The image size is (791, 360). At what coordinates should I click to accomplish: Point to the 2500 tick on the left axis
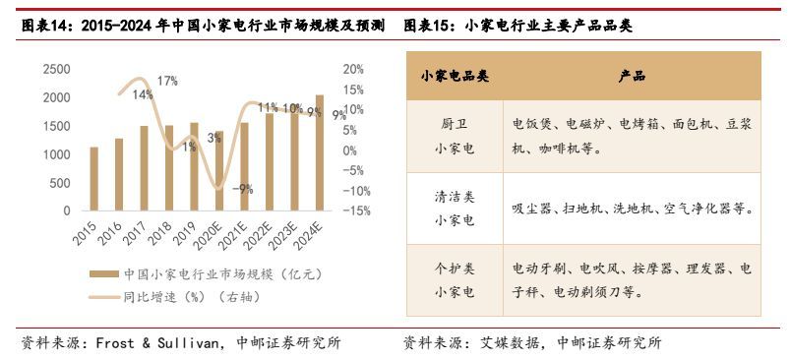[x=56, y=70]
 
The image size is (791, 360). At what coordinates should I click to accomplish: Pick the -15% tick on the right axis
[x=356, y=210]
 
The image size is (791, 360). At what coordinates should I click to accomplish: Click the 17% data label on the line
[x=167, y=81]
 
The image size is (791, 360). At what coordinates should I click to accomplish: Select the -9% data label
[x=242, y=189]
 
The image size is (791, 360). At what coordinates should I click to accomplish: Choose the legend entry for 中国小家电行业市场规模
[x=216, y=273]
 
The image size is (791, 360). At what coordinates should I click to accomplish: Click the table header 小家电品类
[x=454, y=76]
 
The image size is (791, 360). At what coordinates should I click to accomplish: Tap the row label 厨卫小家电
[x=454, y=137]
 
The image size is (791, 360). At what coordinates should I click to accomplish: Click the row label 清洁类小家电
[x=454, y=209]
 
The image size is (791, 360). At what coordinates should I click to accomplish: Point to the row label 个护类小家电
[x=454, y=280]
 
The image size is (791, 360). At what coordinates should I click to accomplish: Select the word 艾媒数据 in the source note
[x=512, y=343]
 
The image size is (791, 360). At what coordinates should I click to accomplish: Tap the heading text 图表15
[x=428, y=27]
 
